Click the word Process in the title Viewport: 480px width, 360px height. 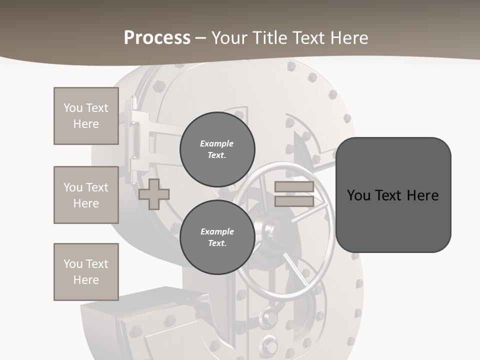pos(157,38)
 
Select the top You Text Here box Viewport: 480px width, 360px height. pos(86,116)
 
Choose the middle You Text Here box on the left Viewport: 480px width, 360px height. pos(86,195)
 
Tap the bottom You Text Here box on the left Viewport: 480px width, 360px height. pos(86,272)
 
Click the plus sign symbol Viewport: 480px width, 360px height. pos(154,194)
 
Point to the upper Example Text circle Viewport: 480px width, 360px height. pos(217,149)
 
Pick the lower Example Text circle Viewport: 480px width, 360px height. pos(217,237)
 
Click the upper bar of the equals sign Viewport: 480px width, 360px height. pos(294,187)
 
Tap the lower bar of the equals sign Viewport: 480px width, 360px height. pos(294,201)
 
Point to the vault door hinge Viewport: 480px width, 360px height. pos(133,140)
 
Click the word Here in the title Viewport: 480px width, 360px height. pos(349,38)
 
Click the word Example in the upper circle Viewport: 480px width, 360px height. pos(217,143)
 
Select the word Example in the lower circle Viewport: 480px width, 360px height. pos(217,231)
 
